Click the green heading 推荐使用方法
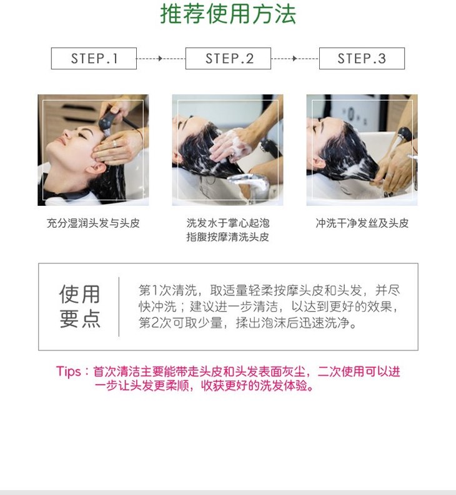(x=228, y=14)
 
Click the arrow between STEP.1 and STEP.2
(x=161, y=58)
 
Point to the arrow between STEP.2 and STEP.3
(x=295, y=58)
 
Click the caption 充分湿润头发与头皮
(x=93, y=223)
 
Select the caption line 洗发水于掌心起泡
(x=228, y=223)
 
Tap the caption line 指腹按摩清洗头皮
(x=228, y=237)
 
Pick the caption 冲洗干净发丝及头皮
(x=362, y=223)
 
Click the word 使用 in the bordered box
(x=80, y=294)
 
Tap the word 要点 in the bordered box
(x=80, y=319)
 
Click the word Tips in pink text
(x=68, y=371)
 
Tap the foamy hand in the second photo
(x=229, y=145)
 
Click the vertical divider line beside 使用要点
(x=119, y=307)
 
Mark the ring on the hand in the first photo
(x=114, y=144)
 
